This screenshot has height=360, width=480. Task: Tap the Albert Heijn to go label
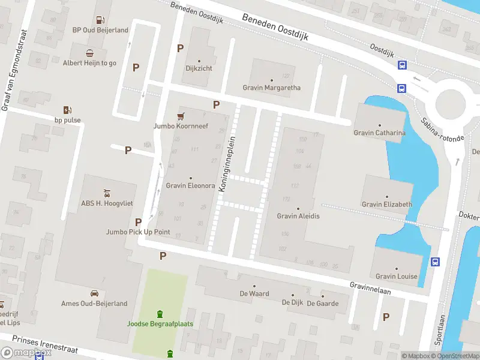coord(89,62)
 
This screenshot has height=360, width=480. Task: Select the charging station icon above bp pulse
coord(67,110)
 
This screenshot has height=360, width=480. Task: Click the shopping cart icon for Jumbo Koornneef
coord(180,116)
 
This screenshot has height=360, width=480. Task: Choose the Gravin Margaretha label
coord(271,88)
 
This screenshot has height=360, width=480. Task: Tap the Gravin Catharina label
coord(379,133)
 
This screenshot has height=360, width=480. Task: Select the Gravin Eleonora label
coord(190,185)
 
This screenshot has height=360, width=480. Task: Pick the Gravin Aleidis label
coord(298,216)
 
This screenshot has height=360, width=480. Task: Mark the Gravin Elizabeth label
coord(387,204)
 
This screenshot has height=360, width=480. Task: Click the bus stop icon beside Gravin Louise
coord(435,262)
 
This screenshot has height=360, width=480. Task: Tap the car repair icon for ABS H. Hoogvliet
coord(106,193)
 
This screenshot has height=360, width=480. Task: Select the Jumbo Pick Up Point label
coord(138,232)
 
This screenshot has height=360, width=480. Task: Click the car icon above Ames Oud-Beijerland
coord(94,293)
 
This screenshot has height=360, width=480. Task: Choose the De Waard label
coord(254,294)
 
